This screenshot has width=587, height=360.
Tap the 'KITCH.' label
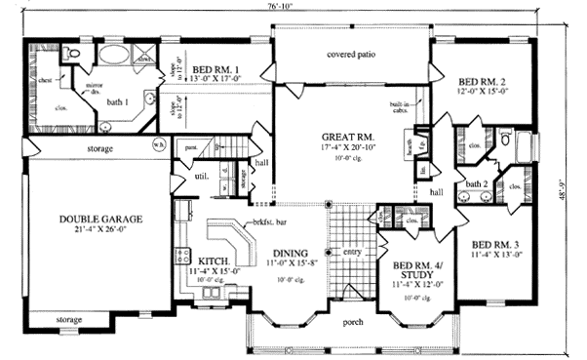[x=213, y=261]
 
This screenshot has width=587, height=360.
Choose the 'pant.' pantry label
[x=191, y=148]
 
